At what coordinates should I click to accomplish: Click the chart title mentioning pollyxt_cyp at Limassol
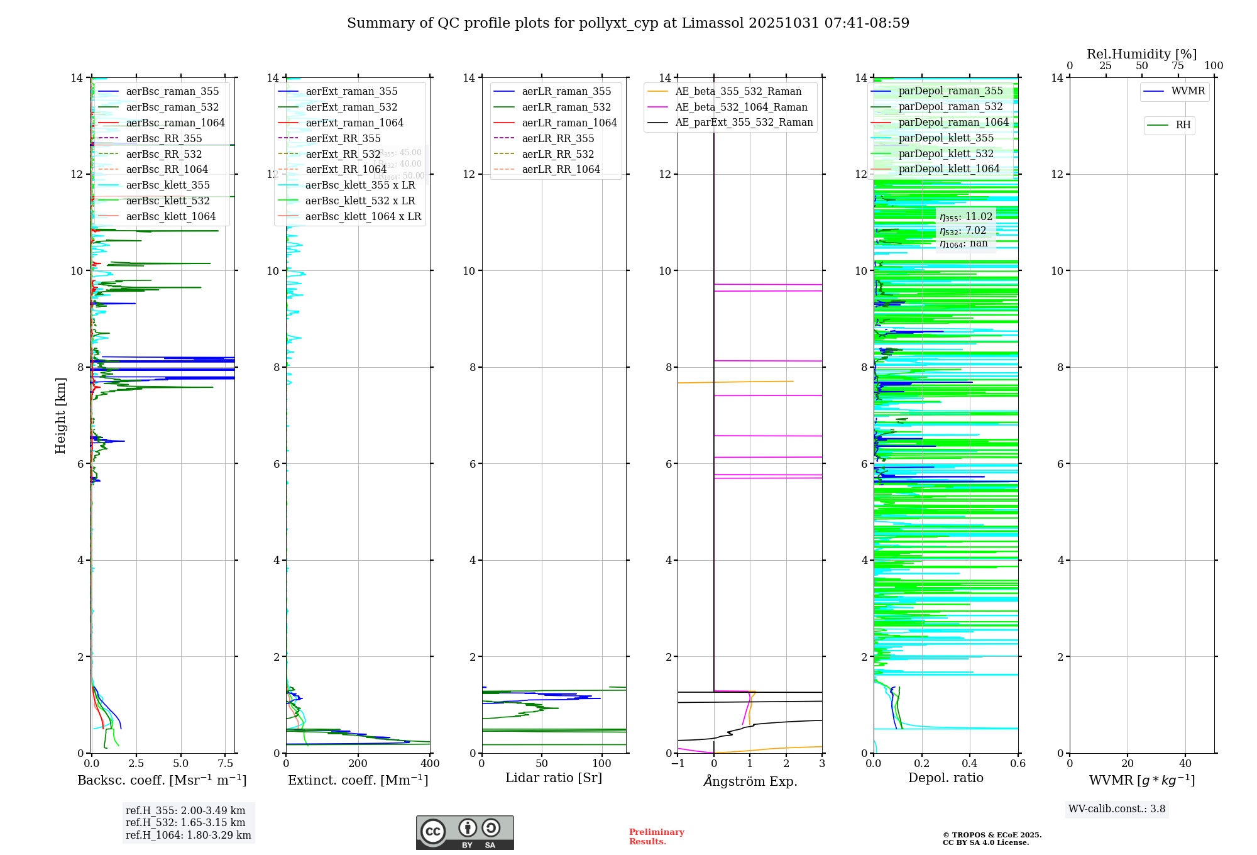tap(628, 23)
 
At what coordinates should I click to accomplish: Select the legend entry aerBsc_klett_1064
tap(170, 216)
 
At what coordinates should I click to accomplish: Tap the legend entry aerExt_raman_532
tap(351, 107)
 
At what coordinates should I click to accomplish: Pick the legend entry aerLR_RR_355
tap(557, 138)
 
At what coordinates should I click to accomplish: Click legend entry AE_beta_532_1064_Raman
tap(740, 107)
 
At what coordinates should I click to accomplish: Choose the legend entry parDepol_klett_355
tap(945, 138)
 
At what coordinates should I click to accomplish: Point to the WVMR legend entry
tap(1187, 91)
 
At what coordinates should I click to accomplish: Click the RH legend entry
tap(1182, 125)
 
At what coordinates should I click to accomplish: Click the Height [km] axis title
tap(60, 415)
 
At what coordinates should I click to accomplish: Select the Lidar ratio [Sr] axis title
tap(553, 778)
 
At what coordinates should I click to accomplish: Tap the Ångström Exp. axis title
tap(750, 781)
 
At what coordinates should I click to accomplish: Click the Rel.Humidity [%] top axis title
tap(1141, 54)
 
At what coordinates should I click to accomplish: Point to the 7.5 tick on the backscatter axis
tap(226, 763)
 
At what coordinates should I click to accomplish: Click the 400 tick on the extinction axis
tap(430, 763)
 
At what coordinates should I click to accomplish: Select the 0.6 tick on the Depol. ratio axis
tap(1018, 763)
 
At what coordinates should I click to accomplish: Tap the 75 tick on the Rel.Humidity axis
tap(1178, 65)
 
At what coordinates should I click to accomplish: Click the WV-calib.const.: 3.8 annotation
tap(1116, 808)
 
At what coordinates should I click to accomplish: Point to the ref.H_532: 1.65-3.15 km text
tap(185, 822)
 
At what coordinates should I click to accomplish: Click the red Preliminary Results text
tap(656, 836)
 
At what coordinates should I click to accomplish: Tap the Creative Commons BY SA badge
tap(464, 832)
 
